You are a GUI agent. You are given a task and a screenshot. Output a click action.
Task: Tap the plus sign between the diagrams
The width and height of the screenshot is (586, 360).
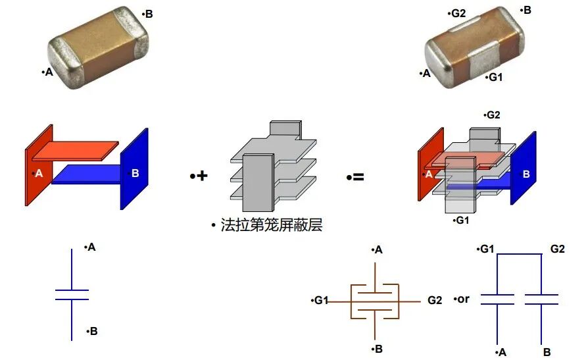199,176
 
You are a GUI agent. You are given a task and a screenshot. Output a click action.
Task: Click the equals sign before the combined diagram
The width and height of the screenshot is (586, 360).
356,176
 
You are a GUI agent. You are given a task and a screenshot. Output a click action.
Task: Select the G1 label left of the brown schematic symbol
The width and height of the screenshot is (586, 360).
320,300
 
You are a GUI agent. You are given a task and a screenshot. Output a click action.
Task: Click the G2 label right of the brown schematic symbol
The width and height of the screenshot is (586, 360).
435,300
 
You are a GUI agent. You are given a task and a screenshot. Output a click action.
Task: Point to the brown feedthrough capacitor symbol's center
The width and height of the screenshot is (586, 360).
376,301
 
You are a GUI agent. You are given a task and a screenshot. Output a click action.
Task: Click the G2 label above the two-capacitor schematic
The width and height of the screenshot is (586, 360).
557,249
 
